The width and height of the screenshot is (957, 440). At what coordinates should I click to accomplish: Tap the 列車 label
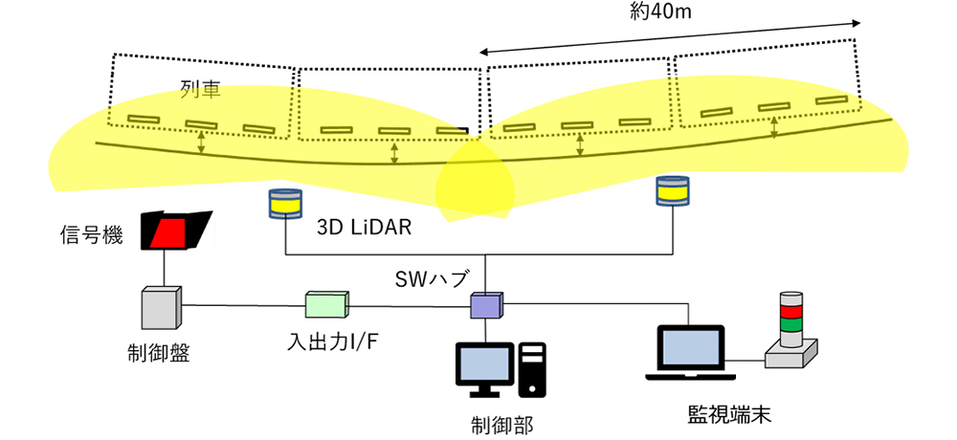pyautogui.click(x=200, y=90)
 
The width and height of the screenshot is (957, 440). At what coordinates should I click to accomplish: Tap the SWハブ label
pyautogui.click(x=432, y=279)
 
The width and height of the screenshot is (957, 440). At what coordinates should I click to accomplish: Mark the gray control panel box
pyautogui.click(x=161, y=308)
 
